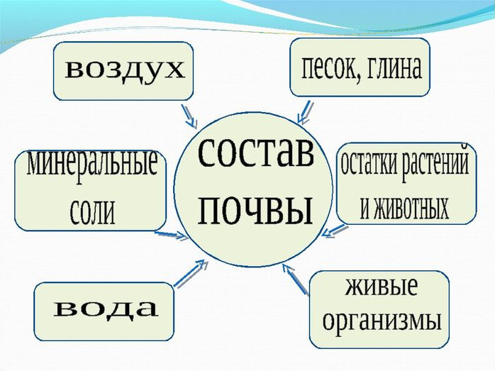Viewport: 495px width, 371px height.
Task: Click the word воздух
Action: (124, 70)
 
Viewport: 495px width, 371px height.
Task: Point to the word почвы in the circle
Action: (255, 211)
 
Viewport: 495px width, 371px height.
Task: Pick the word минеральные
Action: (92, 163)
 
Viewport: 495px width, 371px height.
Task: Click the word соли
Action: (92, 211)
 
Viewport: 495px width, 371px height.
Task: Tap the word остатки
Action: (368, 164)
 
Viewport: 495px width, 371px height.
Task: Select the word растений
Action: (435, 163)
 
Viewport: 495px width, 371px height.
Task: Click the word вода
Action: (106, 309)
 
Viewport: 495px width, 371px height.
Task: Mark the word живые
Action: (382, 287)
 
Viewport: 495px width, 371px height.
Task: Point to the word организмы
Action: (382, 321)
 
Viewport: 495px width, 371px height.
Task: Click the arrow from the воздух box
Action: (189, 116)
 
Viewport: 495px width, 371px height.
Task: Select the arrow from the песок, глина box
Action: (305, 112)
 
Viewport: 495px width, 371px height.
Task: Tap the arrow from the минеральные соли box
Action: (172, 235)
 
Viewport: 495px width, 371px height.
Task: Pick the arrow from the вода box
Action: (190, 273)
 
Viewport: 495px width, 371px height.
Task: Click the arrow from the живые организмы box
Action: (295, 279)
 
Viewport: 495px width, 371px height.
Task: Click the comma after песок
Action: (360, 79)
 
